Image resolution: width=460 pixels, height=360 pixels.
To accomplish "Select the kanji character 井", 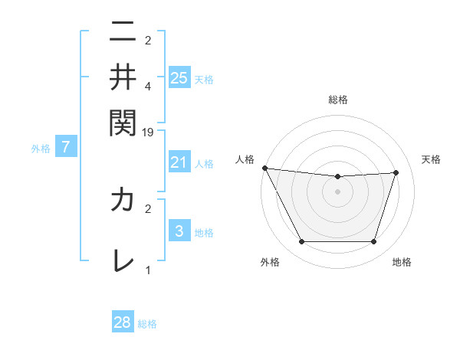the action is [123, 77].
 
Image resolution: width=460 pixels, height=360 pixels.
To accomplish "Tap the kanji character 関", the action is [123, 121].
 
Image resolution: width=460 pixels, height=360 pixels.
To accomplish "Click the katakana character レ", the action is [123, 260].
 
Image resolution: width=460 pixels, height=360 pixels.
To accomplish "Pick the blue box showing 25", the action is [179, 77].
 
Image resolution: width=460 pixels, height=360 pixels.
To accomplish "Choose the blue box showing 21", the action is [179, 162].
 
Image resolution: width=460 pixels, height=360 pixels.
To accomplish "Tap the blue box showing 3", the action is [179, 231].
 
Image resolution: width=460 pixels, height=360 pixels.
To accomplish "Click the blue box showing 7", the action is [65, 147].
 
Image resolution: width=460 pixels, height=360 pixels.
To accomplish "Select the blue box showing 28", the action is [123, 322].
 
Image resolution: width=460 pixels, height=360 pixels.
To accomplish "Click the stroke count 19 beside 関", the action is [148, 132].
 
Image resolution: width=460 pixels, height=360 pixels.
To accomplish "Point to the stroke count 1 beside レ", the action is [148, 270].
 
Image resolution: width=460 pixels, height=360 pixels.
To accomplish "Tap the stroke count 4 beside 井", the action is [148, 86].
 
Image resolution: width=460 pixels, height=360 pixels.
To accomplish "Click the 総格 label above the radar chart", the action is [338, 100].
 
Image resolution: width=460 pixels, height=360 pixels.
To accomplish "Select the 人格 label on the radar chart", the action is [245, 159].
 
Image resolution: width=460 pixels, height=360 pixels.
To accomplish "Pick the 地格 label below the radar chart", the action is [402, 262].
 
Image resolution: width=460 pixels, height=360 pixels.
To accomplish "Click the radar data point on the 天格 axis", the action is [396, 172].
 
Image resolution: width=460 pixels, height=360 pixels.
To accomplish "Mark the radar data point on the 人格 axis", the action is [264, 168].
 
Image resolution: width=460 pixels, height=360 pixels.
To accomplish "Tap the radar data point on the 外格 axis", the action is [301, 242].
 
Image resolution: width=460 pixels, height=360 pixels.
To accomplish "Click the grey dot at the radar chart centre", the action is [338, 191].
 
